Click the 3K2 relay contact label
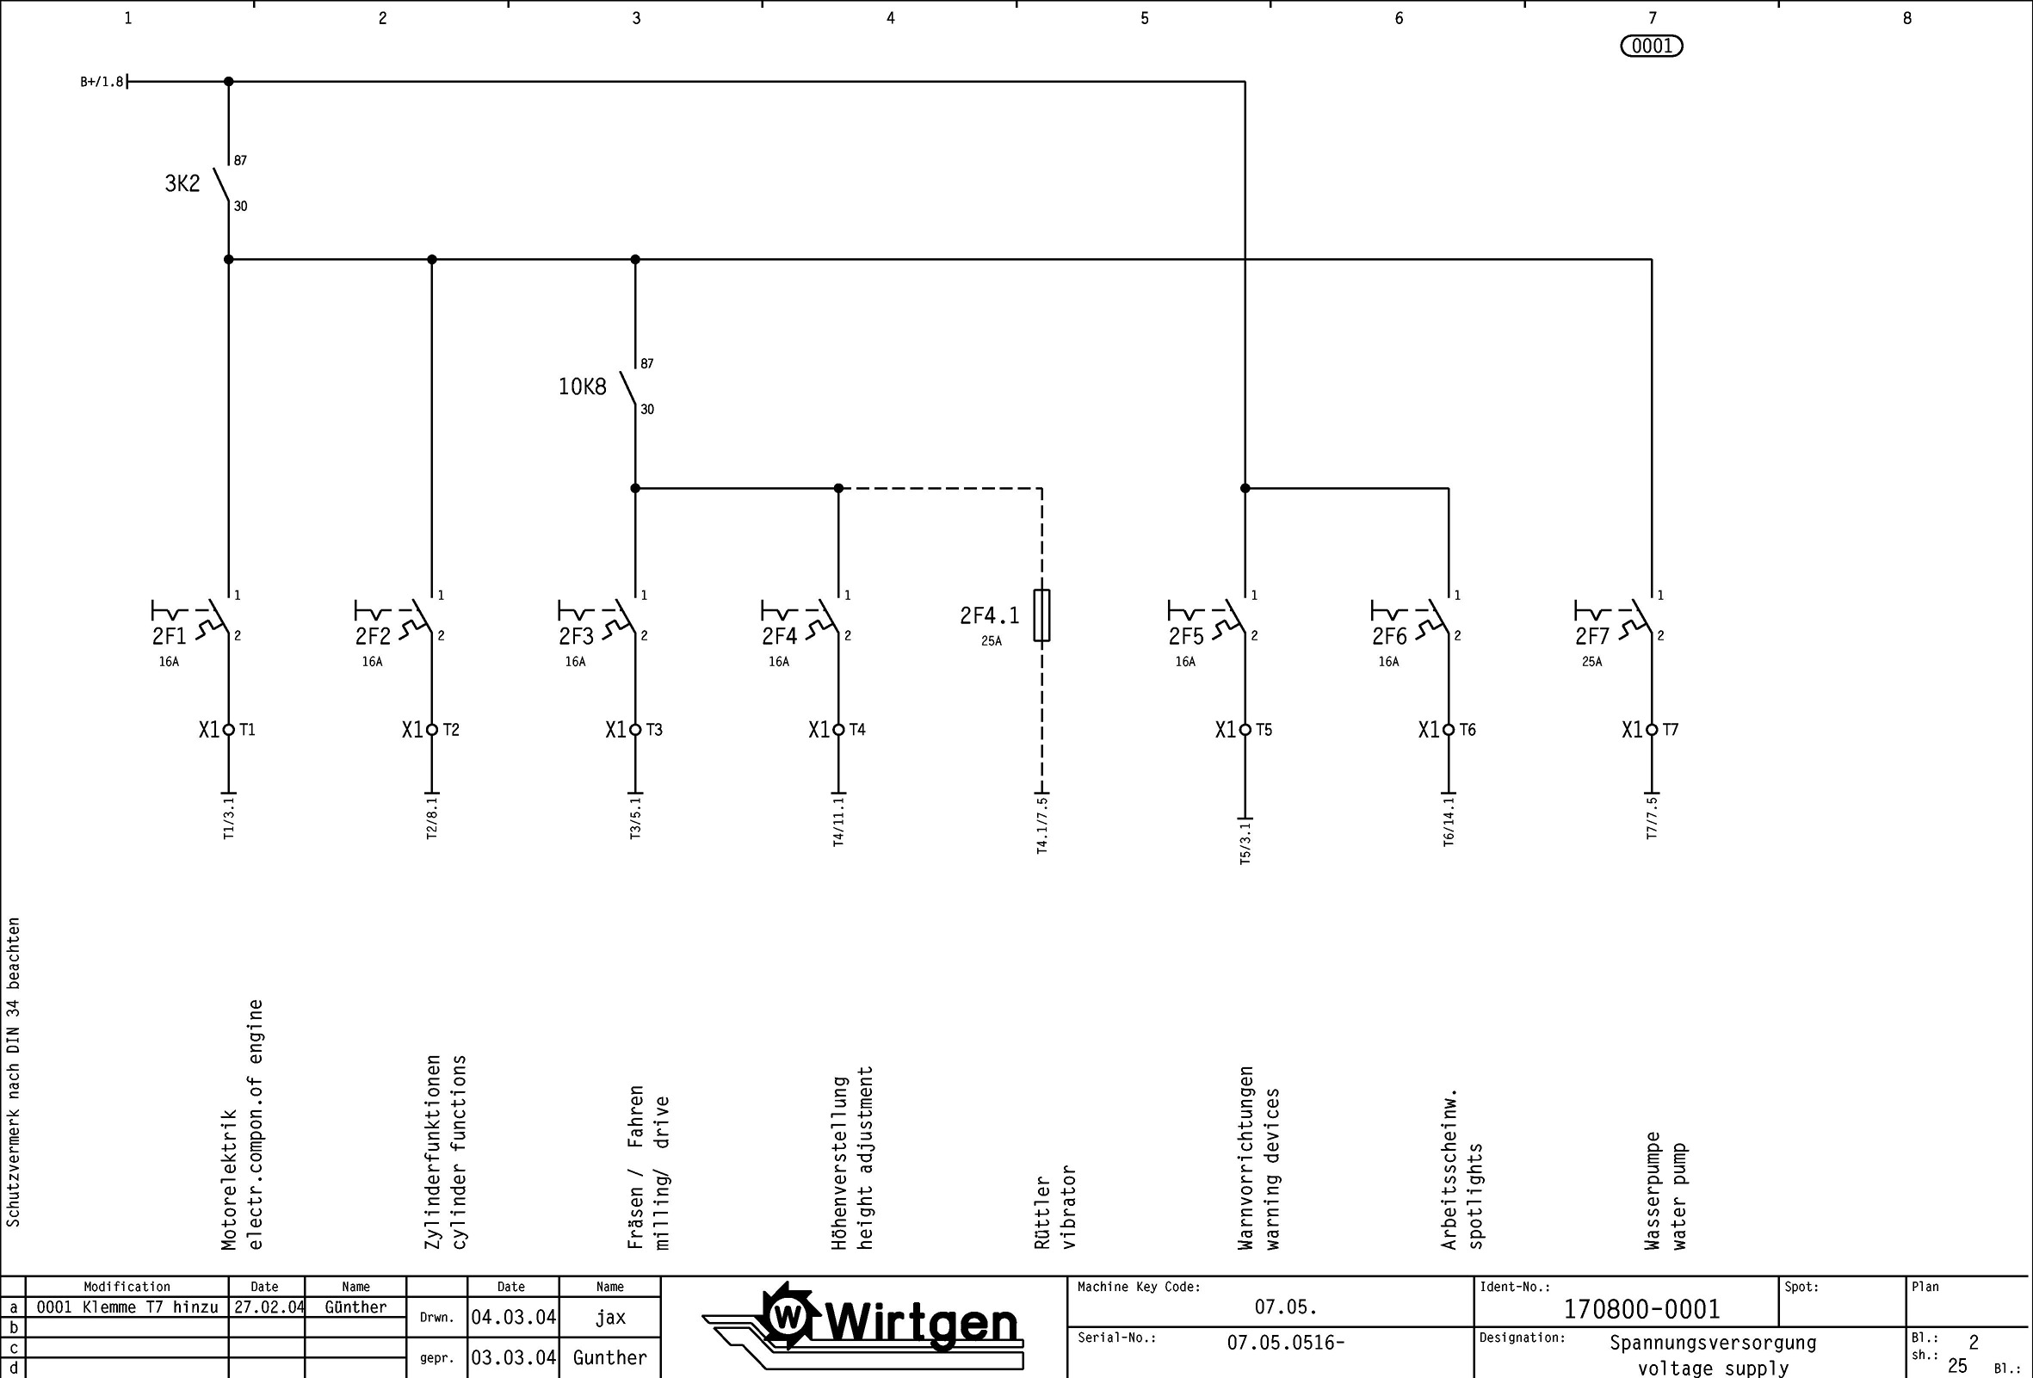coord(182,183)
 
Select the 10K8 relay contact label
coord(582,386)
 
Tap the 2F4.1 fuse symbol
coord(1041,615)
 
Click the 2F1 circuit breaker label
coord(169,636)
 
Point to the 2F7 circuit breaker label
coord(1592,636)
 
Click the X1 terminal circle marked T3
coord(635,730)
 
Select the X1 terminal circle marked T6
coord(1449,730)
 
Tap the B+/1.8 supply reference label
coord(102,83)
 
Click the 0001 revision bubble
coord(1652,46)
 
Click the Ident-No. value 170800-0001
coord(1641,1310)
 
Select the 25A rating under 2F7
coord(1591,662)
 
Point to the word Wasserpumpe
coord(1652,1190)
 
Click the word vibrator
coord(1068,1207)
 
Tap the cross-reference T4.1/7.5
coord(1041,825)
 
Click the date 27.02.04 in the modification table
coord(268,1307)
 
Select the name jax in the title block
coord(609,1318)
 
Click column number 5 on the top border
coord(1144,18)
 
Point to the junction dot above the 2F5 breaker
coord(1245,488)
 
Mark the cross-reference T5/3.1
coord(1245,842)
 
